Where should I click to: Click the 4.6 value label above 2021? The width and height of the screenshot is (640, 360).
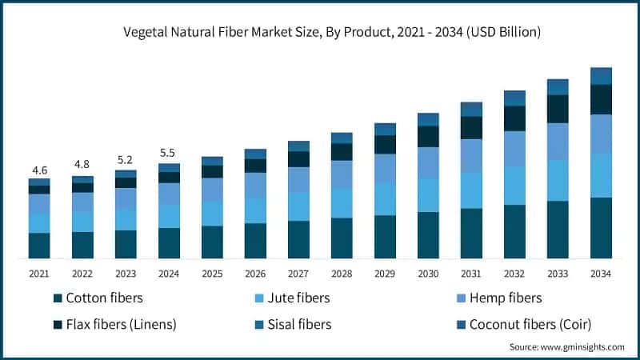click(x=39, y=170)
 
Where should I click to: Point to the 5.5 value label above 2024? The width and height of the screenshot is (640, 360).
click(x=169, y=153)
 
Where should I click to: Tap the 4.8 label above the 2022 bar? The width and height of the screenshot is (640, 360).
click(x=82, y=165)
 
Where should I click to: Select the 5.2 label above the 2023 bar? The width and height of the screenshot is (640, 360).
click(x=126, y=158)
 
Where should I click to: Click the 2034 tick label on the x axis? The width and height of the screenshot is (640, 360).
click(x=601, y=274)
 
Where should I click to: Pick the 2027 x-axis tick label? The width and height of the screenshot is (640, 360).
click(x=298, y=274)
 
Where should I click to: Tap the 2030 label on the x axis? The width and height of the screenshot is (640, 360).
click(x=428, y=274)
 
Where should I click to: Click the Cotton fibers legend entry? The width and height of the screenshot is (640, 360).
click(x=104, y=298)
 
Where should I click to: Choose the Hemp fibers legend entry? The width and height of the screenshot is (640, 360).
click(x=505, y=298)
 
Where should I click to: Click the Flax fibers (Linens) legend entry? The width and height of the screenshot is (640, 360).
click(x=121, y=324)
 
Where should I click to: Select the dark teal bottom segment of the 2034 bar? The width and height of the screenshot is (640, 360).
click(x=601, y=228)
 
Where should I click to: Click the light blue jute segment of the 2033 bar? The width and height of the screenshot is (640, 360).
click(x=558, y=180)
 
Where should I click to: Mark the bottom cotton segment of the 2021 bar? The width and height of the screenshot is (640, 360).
click(x=39, y=246)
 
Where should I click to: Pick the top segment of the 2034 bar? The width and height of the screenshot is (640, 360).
click(x=601, y=76)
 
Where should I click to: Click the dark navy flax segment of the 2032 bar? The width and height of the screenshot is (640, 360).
click(x=514, y=118)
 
